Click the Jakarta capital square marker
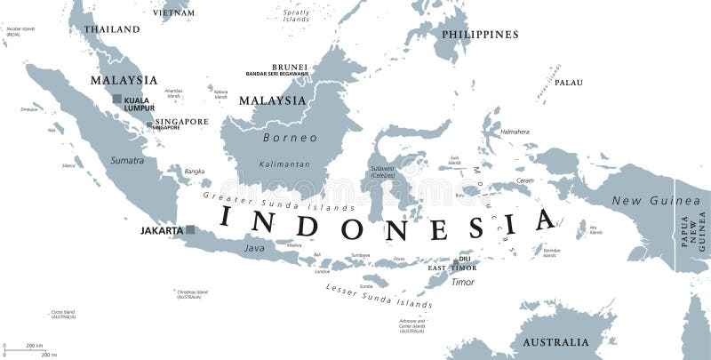point(189,230)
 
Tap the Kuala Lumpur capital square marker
point(116,100)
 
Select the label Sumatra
point(127,161)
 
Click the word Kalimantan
point(284,164)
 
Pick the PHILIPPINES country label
point(479,35)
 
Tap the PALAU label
point(569,83)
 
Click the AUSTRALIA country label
point(555,342)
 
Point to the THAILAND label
point(111,29)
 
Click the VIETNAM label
point(173,12)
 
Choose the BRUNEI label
point(290,67)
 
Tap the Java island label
point(255,248)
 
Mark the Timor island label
point(462,282)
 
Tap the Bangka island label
point(195,171)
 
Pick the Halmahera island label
point(515,132)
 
